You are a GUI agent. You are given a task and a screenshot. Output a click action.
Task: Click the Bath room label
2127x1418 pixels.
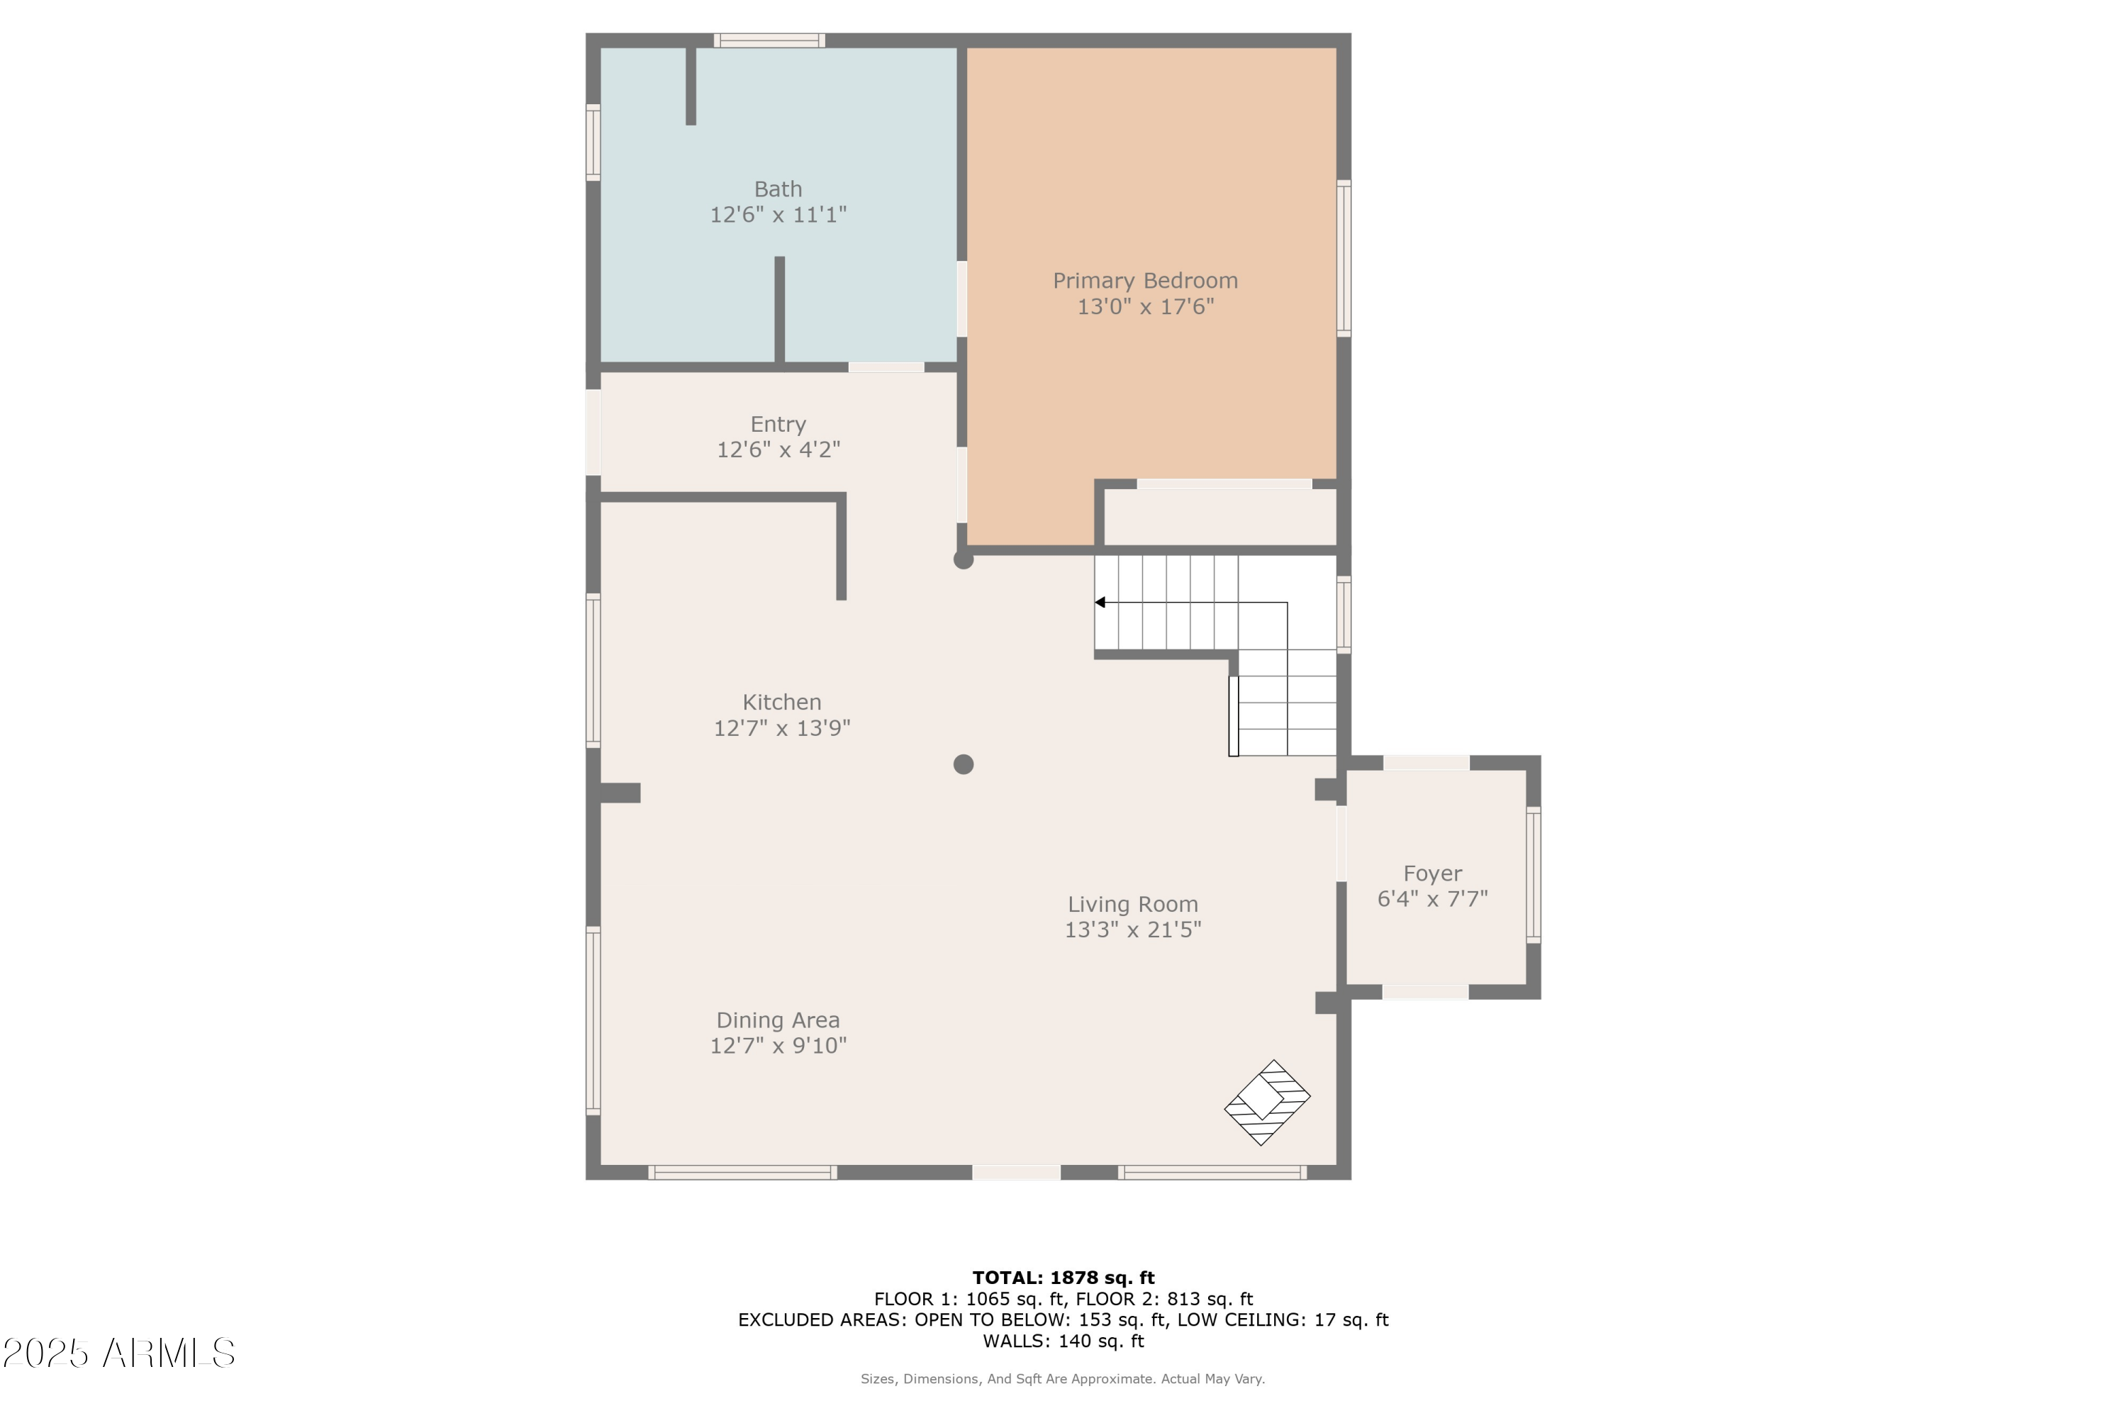click(x=778, y=189)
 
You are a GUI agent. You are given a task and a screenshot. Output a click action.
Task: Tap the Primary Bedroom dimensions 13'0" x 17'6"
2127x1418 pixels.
click(x=1145, y=306)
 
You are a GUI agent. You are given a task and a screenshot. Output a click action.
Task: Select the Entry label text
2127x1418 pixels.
click(x=778, y=424)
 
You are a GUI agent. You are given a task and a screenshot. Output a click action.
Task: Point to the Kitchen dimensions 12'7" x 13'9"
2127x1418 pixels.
click(x=781, y=728)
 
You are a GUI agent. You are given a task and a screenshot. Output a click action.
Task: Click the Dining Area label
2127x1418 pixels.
click(x=778, y=1020)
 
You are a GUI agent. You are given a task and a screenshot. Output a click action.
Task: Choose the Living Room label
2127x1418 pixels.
click(x=1132, y=905)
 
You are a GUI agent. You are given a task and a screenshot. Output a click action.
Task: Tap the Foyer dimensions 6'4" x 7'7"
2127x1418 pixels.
click(x=1432, y=899)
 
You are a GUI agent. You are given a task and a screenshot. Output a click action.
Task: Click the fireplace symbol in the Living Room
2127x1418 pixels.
click(x=1267, y=1102)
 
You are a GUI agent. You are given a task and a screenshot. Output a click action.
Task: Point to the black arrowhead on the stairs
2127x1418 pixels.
click(x=1100, y=602)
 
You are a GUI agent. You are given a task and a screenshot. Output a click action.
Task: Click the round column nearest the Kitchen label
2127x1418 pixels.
click(x=963, y=764)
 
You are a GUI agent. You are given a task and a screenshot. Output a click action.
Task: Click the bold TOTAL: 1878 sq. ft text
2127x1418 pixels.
click(x=1063, y=1278)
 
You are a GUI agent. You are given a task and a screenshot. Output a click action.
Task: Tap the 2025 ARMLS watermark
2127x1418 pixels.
click(x=118, y=1353)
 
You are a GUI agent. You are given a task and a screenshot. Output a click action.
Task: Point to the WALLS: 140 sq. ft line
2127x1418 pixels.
click(x=1063, y=1341)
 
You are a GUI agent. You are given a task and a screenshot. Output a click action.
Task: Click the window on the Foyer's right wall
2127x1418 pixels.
click(x=1533, y=876)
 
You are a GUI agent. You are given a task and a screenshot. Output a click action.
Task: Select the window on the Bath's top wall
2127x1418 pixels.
click(x=769, y=40)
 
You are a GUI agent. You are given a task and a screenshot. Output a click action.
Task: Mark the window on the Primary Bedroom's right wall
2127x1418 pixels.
click(x=1344, y=259)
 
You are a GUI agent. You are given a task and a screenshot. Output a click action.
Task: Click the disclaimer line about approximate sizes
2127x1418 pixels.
click(x=1063, y=1379)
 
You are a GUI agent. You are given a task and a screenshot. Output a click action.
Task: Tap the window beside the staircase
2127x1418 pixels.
click(x=1344, y=615)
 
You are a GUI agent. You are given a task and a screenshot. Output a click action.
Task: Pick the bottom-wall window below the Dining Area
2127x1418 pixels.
click(x=742, y=1173)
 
